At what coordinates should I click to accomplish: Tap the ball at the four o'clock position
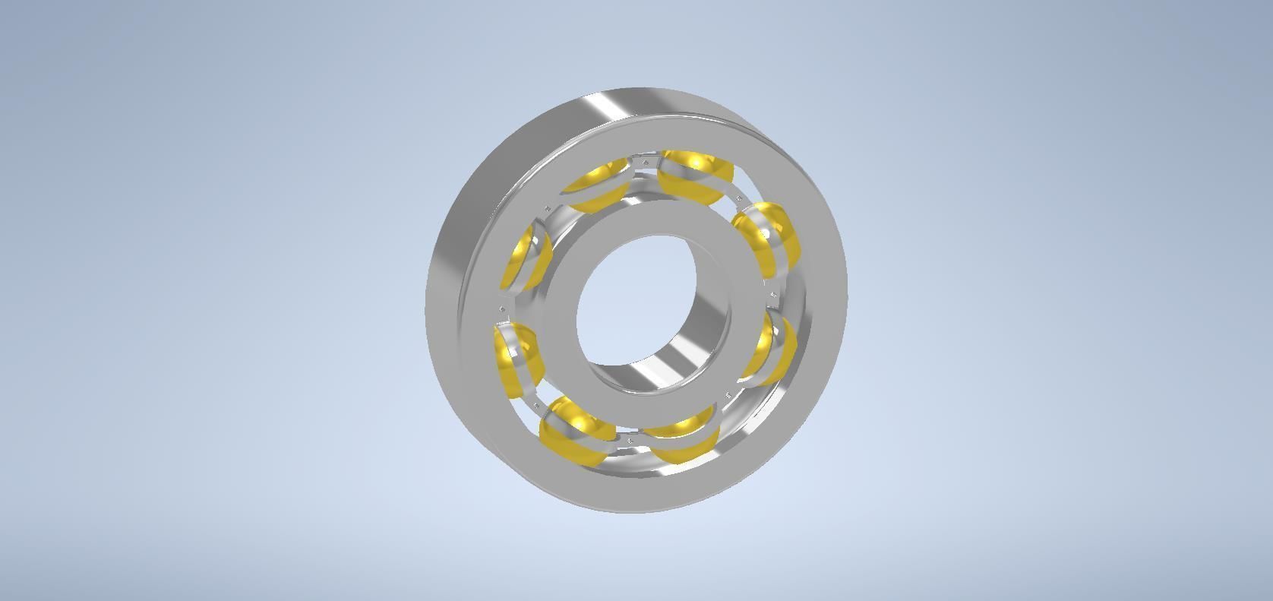pos(769,350)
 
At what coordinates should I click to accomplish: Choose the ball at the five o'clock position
pos(684,437)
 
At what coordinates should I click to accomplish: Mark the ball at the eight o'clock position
pos(518,357)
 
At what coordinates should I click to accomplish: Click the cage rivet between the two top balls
pos(645,162)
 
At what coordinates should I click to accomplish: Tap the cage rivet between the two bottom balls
pos(630,440)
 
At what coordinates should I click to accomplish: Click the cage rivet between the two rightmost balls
pos(774,293)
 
